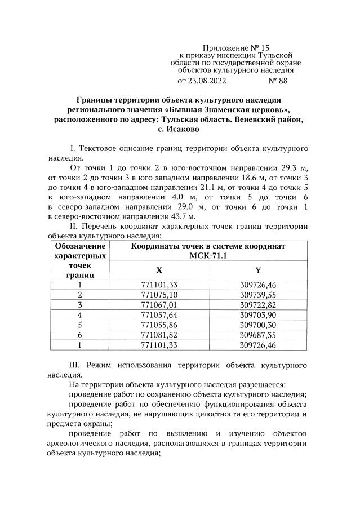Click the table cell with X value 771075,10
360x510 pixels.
159,295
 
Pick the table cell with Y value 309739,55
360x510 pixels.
258,295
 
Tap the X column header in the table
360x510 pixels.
159,270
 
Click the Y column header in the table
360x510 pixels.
258,270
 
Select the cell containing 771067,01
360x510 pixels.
159,305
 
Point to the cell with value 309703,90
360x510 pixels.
258,315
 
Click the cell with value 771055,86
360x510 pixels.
159,325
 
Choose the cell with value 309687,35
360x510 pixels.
258,335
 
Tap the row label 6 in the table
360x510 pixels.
80,335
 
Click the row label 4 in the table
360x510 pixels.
80,315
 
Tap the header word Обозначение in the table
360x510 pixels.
80,246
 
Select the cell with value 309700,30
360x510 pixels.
258,325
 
